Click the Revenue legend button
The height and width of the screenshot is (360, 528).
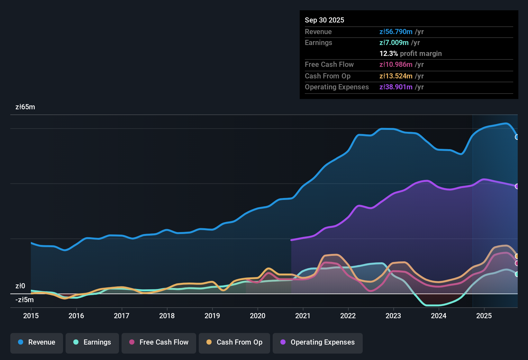pos(37,342)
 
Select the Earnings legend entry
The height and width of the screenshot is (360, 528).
pos(92,342)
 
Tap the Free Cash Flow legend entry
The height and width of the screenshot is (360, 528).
pos(159,342)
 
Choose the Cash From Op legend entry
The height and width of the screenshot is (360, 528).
pos(234,342)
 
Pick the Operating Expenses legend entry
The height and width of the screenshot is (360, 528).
pos(318,342)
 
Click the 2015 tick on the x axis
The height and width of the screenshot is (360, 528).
pos(31,316)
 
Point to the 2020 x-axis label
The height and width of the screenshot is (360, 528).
pos(258,316)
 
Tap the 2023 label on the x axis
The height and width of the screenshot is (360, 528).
pos(393,316)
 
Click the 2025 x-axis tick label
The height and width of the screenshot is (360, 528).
pos(484,316)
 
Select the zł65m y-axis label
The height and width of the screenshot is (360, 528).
pos(25,107)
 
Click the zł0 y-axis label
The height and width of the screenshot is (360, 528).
pos(20,286)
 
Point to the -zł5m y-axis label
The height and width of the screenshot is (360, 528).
pos(24,300)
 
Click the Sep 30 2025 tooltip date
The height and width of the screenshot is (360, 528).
pos(324,20)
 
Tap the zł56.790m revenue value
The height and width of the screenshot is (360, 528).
pos(396,32)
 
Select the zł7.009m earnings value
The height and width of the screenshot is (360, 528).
pos(394,43)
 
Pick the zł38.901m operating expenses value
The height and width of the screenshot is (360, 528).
pos(396,87)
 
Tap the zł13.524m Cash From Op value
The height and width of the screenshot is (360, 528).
pos(396,76)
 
